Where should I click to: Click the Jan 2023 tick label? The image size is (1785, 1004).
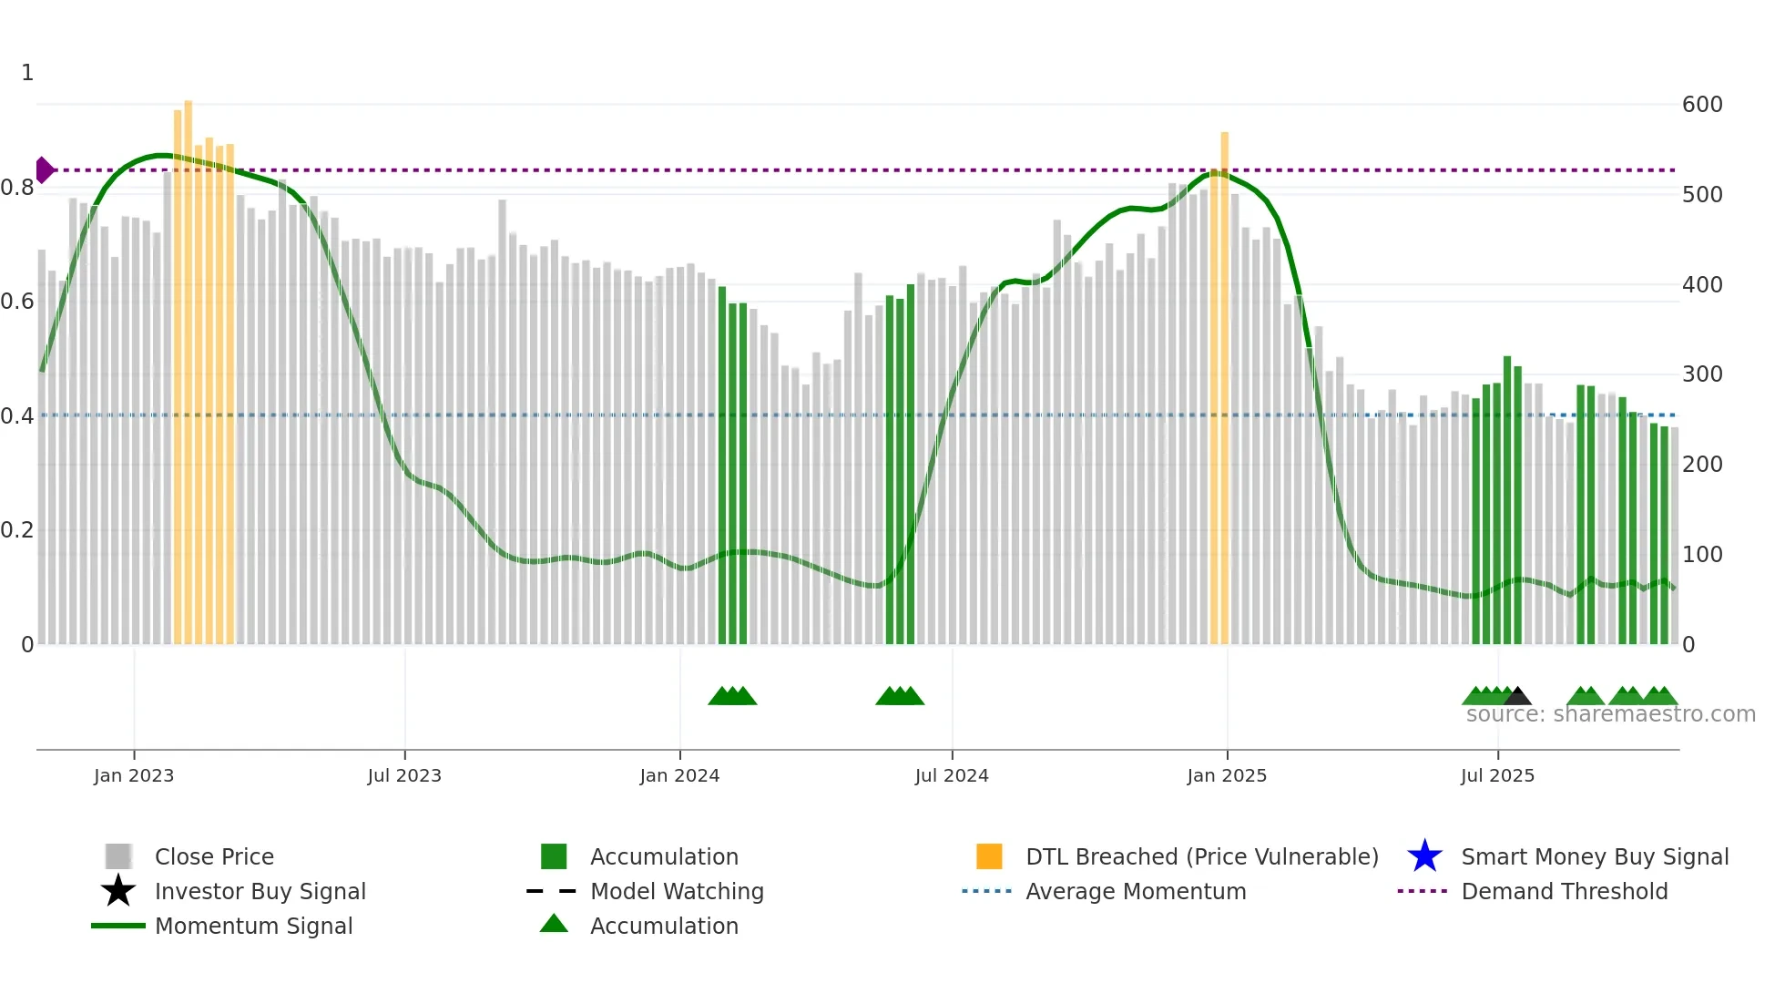pos(134,775)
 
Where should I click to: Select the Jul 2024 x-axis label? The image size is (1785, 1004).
pos(952,775)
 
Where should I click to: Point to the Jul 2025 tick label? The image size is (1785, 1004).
pos(1497,775)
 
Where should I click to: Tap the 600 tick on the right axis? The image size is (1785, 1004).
pos(1702,105)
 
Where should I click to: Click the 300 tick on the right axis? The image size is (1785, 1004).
pos(1702,374)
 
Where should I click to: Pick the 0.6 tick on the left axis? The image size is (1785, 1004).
pos(17,302)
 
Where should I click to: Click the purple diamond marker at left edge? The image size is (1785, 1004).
pos(44,170)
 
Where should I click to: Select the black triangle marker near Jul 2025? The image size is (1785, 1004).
pos(1517,697)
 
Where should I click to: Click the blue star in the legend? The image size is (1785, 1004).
pos(1424,856)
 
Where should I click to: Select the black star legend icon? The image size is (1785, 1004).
pos(118,891)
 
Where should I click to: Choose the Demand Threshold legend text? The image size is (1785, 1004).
pos(1564,891)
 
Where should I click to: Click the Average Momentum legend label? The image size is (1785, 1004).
pos(1136,891)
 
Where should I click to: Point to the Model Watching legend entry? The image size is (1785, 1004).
pos(677,891)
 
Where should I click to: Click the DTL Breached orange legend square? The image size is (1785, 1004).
pos(989,856)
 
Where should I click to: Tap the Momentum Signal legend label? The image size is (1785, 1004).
pos(253,926)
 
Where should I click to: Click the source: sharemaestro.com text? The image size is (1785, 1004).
pos(1610,714)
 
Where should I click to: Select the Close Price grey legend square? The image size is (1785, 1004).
pos(118,856)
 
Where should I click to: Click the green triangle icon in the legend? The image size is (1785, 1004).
pos(554,924)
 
